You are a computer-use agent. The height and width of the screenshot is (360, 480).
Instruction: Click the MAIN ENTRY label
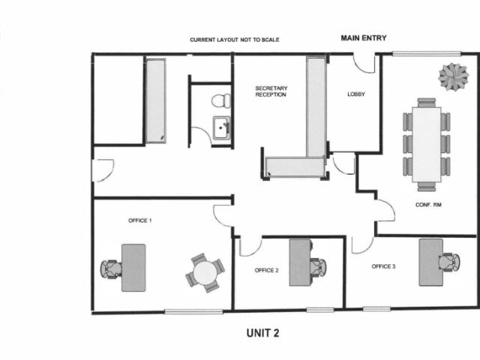click(364, 38)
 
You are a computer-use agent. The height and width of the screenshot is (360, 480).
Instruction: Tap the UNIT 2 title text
click(263, 333)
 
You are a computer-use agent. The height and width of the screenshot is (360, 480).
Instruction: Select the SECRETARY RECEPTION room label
click(271, 91)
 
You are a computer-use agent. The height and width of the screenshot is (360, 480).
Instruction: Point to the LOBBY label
click(356, 94)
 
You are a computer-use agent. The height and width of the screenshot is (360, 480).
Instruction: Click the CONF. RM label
click(428, 205)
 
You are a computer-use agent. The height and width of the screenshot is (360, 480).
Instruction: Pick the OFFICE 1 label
click(140, 220)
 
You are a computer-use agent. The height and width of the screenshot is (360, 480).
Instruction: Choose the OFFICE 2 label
click(267, 270)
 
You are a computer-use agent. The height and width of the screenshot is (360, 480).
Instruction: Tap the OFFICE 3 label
click(383, 266)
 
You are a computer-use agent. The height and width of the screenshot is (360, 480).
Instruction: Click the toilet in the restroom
click(220, 100)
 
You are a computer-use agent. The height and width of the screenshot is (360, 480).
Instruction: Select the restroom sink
click(221, 127)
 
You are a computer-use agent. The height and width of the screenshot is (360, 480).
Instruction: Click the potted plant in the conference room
click(453, 76)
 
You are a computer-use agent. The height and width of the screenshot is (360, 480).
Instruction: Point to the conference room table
click(427, 145)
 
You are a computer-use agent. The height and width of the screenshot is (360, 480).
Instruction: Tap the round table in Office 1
click(205, 273)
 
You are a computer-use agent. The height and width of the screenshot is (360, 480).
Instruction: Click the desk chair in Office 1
click(111, 268)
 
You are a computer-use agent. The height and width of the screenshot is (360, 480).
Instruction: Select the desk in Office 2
click(300, 262)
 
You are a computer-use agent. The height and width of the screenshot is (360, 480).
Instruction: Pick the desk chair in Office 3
click(449, 262)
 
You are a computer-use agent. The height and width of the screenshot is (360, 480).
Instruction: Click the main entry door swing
click(364, 64)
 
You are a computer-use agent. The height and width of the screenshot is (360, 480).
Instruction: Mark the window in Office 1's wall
click(193, 312)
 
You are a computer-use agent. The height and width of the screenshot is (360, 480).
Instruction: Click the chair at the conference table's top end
click(427, 103)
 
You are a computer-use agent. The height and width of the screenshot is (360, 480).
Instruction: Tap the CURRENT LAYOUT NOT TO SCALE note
click(235, 40)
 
